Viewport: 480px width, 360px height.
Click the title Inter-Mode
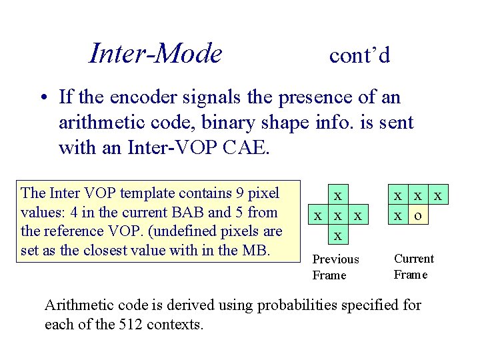pyautogui.click(x=155, y=53)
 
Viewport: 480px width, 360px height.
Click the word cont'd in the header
pyautogui.click(x=359, y=55)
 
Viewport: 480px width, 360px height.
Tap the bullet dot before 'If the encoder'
pyautogui.click(x=42, y=97)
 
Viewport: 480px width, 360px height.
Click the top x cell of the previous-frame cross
pyautogui.click(x=339, y=195)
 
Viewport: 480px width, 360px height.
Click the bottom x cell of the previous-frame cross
pyautogui.click(x=339, y=235)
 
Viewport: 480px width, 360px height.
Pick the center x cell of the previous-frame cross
pyautogui.click(x=339, y=215)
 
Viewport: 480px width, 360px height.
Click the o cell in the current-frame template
pyautogui.click(x=418, y=215)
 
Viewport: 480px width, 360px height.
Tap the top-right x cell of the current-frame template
pyautogui.click(x=438, y=195)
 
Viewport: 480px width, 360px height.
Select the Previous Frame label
pyautogui.click(x=335, y=267)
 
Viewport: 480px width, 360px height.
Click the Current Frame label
pyautogui.click(x=413, y=266)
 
